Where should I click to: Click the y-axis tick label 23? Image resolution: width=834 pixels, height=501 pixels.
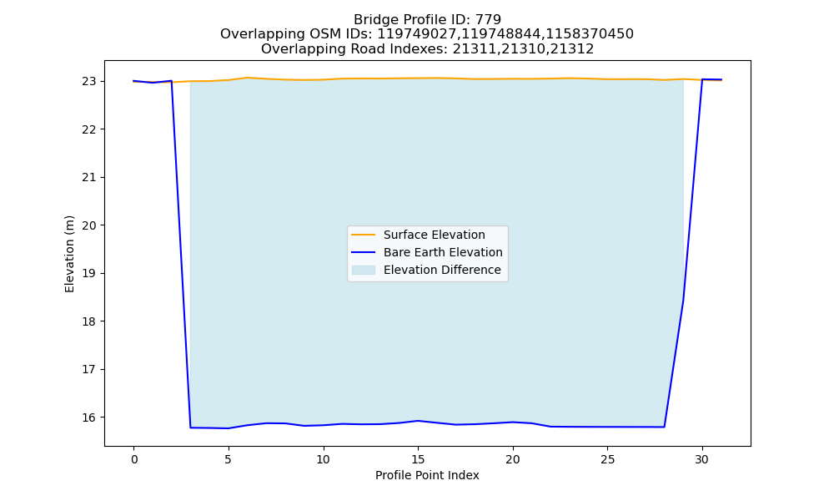pyautogui.click(x=89, y=82)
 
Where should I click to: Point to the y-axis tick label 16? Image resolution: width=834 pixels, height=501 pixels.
pyautogui.click(x=89, y=417)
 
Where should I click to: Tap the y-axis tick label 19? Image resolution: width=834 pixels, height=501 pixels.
pyautogui.click(x=89, y=274)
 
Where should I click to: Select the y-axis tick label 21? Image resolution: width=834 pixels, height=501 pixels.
pyautogui.click(x=89, y=177)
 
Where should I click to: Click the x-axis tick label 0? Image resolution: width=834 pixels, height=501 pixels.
pyautogui.click(x=134, y=459)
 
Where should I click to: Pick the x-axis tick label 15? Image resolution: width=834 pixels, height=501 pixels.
pyautogui.click(x=418, y=459)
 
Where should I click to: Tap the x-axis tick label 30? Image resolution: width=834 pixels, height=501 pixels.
pyautogui.click(x=702, y=459)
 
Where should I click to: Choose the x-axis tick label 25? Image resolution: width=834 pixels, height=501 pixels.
pyautogui.click(x=607, y=459)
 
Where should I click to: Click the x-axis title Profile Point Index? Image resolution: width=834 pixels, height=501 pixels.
pyautogui.click(x=427, y=475)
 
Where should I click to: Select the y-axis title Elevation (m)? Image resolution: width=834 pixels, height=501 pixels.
pyautogui.click(x=70, y=254)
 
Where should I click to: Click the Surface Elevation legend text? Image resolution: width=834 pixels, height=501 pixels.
pyautogui.click(x=434, y=235)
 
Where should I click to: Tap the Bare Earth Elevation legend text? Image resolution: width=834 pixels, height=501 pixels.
pyautogui.click(x=443, y=252)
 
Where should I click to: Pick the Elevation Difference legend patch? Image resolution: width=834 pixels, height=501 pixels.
pyautogui.click(x=364, y=270)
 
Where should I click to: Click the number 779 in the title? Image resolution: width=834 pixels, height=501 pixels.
pyautogui.click(x=488, y=20)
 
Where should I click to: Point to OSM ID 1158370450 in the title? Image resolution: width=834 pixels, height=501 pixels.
pyautogui.click(x=590, y=34)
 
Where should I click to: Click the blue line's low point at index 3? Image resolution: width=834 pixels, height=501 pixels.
pyautogui.click(x=190, y=428)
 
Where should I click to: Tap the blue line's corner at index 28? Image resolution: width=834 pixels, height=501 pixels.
pyautogui.click(x=665, y=427)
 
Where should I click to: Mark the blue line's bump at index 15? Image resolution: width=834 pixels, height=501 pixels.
pyautogui.click(x=418, y=421)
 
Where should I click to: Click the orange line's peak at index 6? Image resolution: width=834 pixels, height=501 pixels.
pyautogui.click(x=248, y=78)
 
